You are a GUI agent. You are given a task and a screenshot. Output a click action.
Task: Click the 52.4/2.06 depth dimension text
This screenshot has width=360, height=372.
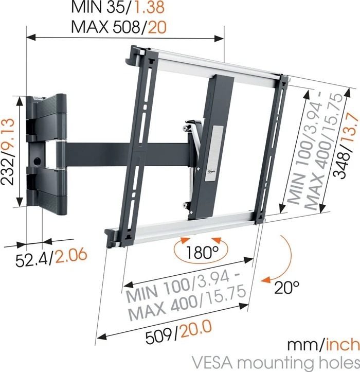tap(50, 256)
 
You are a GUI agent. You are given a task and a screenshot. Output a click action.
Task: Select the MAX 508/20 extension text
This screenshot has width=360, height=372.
tap(118, 26)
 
